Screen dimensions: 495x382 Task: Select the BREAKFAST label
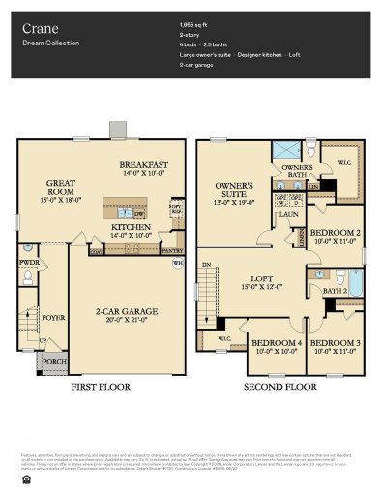137,165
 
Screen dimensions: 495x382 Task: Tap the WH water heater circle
177,263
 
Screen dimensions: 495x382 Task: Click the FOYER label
51,315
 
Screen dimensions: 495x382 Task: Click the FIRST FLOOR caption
101,386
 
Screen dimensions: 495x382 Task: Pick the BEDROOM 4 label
274,343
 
